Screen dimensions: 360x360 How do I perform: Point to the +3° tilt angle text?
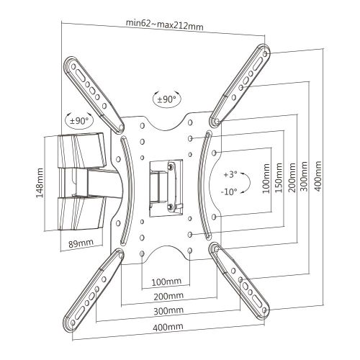(x=230, y=175)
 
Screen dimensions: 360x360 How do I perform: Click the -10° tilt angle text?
(x=230, y=192)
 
